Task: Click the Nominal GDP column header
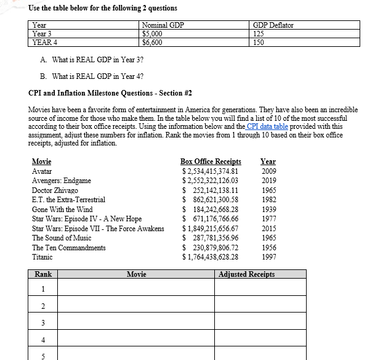[x=163, y=25]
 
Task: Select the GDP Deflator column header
[x=273, y=25]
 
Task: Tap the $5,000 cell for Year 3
[x=152, y=34]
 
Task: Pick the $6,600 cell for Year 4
[x=152, y=43]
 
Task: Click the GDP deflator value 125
[x=259, y=34]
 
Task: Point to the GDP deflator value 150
[x=259, y=43]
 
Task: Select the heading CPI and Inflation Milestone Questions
[x=110, y=93]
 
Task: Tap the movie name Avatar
[x=42, y=171]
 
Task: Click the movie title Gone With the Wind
[x=62, y=209]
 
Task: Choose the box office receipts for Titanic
[x=210, y=257]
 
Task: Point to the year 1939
[x=268, y=209]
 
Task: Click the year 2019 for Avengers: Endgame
[x=268, y=181]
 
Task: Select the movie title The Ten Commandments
[x=68, y=247]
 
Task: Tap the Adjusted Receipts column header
[x=247, y=274]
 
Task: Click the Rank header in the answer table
[x=43, y=274]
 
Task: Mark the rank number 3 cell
[x=43, y=323]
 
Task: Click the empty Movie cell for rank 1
[x=135, y=288]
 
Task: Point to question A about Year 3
[x=92, y=60]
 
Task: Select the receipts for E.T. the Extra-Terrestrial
[x=210, y=200]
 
